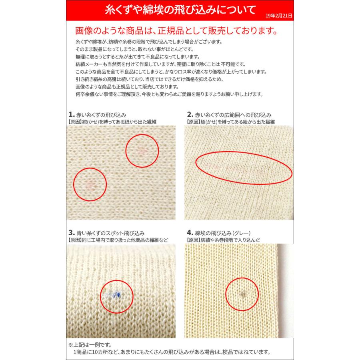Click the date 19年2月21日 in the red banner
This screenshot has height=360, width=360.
[x=279, y=16]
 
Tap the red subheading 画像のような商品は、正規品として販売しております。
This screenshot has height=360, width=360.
[x=176, y=31]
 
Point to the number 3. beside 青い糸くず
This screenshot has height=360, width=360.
[x=71, y=232]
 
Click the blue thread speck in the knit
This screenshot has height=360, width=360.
[x=115, y=295]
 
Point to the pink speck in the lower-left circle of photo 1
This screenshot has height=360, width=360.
[x=90, y=184]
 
